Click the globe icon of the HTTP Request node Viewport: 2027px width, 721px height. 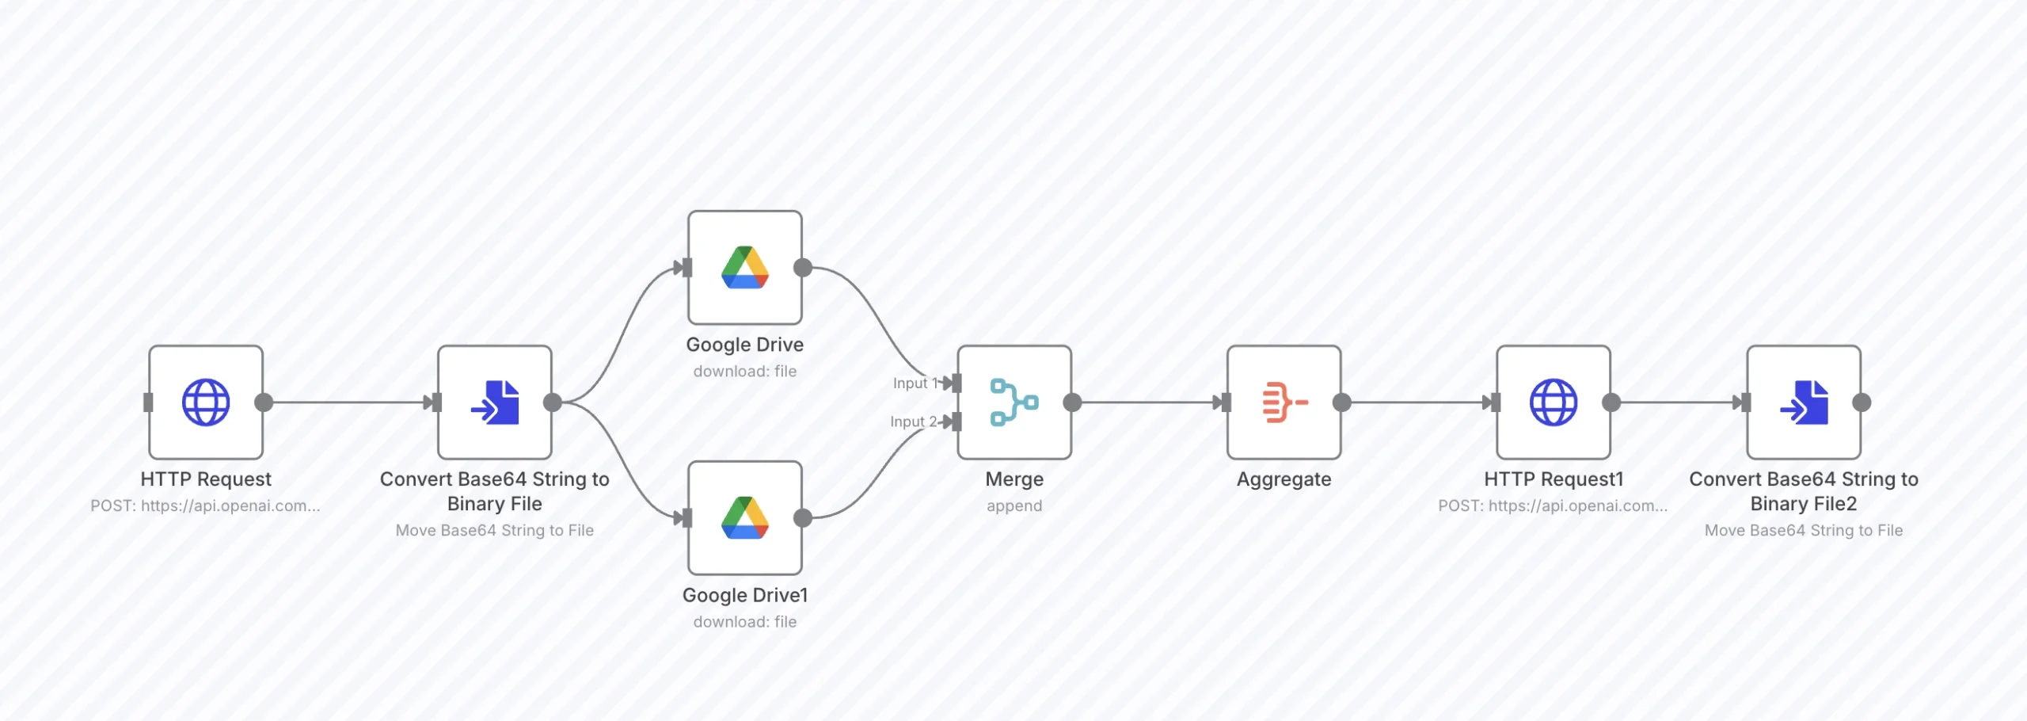[206, 402]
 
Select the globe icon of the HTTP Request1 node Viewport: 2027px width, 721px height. [1553, 402]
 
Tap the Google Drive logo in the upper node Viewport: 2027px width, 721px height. [745, 268]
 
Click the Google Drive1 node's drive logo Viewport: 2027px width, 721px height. [745, 518]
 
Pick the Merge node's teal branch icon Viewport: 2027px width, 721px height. [1014, 402]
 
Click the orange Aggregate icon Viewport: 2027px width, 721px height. [1284, 402]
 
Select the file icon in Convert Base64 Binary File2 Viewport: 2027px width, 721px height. [1804, 402]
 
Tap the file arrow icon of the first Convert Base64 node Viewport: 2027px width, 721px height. [495, 402]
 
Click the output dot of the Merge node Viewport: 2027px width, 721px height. [1072, 402]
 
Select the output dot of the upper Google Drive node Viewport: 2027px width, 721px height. [803, 268]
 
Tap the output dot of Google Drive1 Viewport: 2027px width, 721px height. [803, 518]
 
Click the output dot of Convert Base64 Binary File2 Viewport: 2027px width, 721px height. [1862, 402]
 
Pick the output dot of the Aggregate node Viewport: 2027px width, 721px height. [1341, 402]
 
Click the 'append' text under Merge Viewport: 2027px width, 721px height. [1014, 505]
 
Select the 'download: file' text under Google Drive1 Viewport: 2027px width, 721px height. [745, 622]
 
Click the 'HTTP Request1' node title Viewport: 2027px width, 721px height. [1553, 479]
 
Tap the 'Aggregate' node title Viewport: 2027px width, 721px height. [1284, 479]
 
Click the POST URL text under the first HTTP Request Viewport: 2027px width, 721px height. [206, 505]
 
